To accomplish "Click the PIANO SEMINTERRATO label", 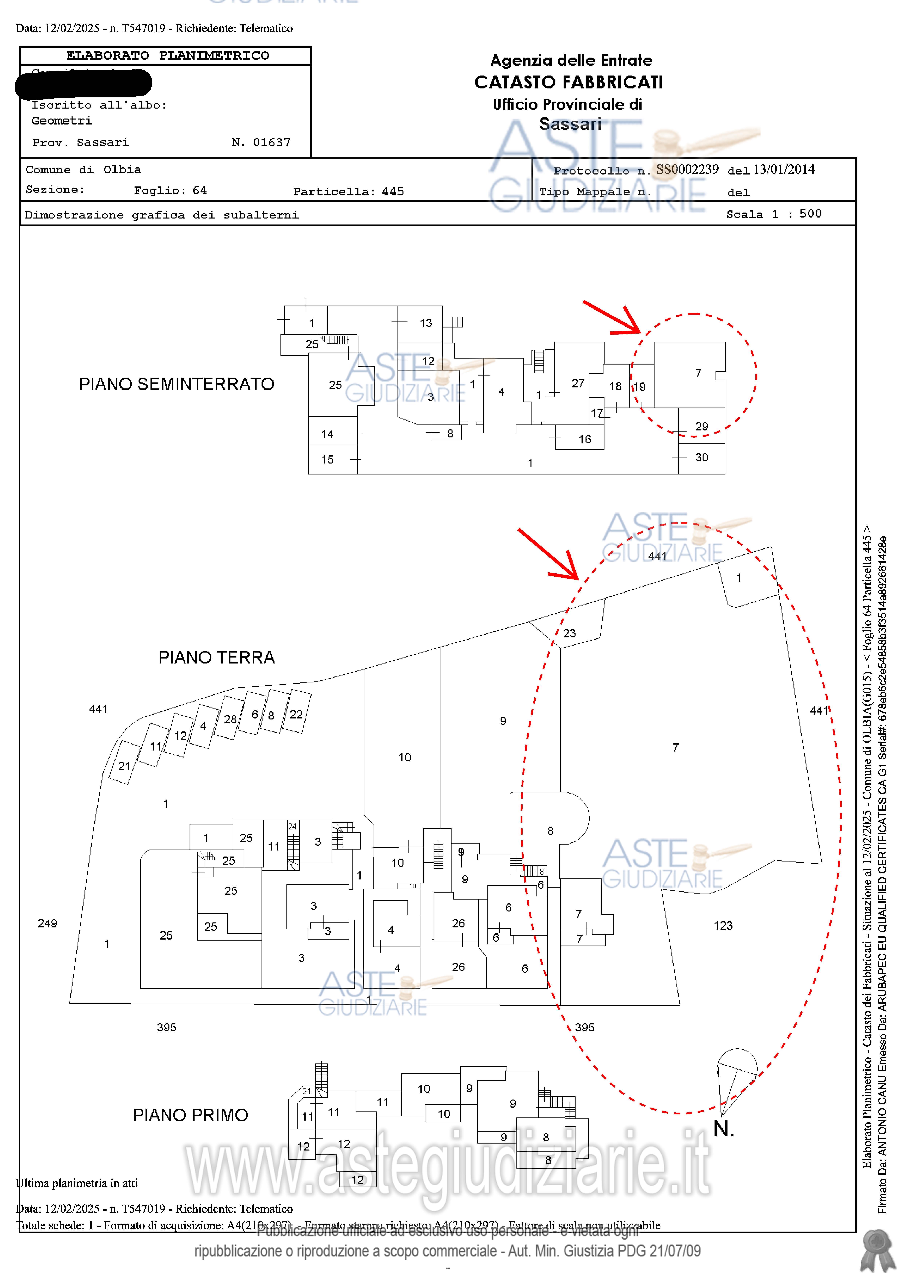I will click(x=176, y=384).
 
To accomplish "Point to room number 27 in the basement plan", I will click(x=578, y=384).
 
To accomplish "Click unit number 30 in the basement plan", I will click(x=702, y=457).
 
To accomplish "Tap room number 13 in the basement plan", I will click(x=426, y=323).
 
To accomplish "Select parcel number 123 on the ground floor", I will click(x=723, y=925).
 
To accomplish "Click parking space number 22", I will click(x=296, y=714).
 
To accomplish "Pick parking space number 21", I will click(x=124, y=766).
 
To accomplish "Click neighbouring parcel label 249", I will click(x=48, y=923).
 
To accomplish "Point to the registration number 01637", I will click(x=272, y=143).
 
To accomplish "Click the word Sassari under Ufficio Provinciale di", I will click(x=570, y=124).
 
